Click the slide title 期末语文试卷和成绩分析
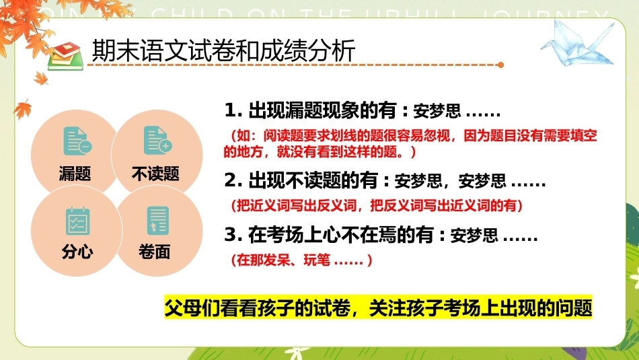(224, 50)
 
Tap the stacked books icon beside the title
(66, 56)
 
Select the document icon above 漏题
(77, 141)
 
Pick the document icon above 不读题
(157, 140)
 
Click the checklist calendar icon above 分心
(78, 221)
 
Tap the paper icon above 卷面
(157, 221)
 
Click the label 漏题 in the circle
(75, 174)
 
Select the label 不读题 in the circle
(155, 174)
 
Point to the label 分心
(77, 252)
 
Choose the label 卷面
(155, 252)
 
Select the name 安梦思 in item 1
(437, 111)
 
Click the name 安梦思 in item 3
(474, 236)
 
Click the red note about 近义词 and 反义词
(377, 205)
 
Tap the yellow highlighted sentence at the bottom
(378, 308)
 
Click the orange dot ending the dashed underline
(501, 65)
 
